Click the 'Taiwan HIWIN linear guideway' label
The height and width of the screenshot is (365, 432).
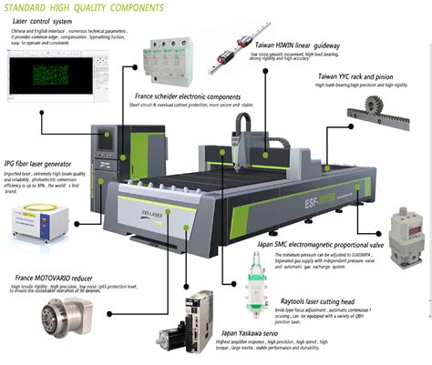pyautogui.click(x=311, y=46)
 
